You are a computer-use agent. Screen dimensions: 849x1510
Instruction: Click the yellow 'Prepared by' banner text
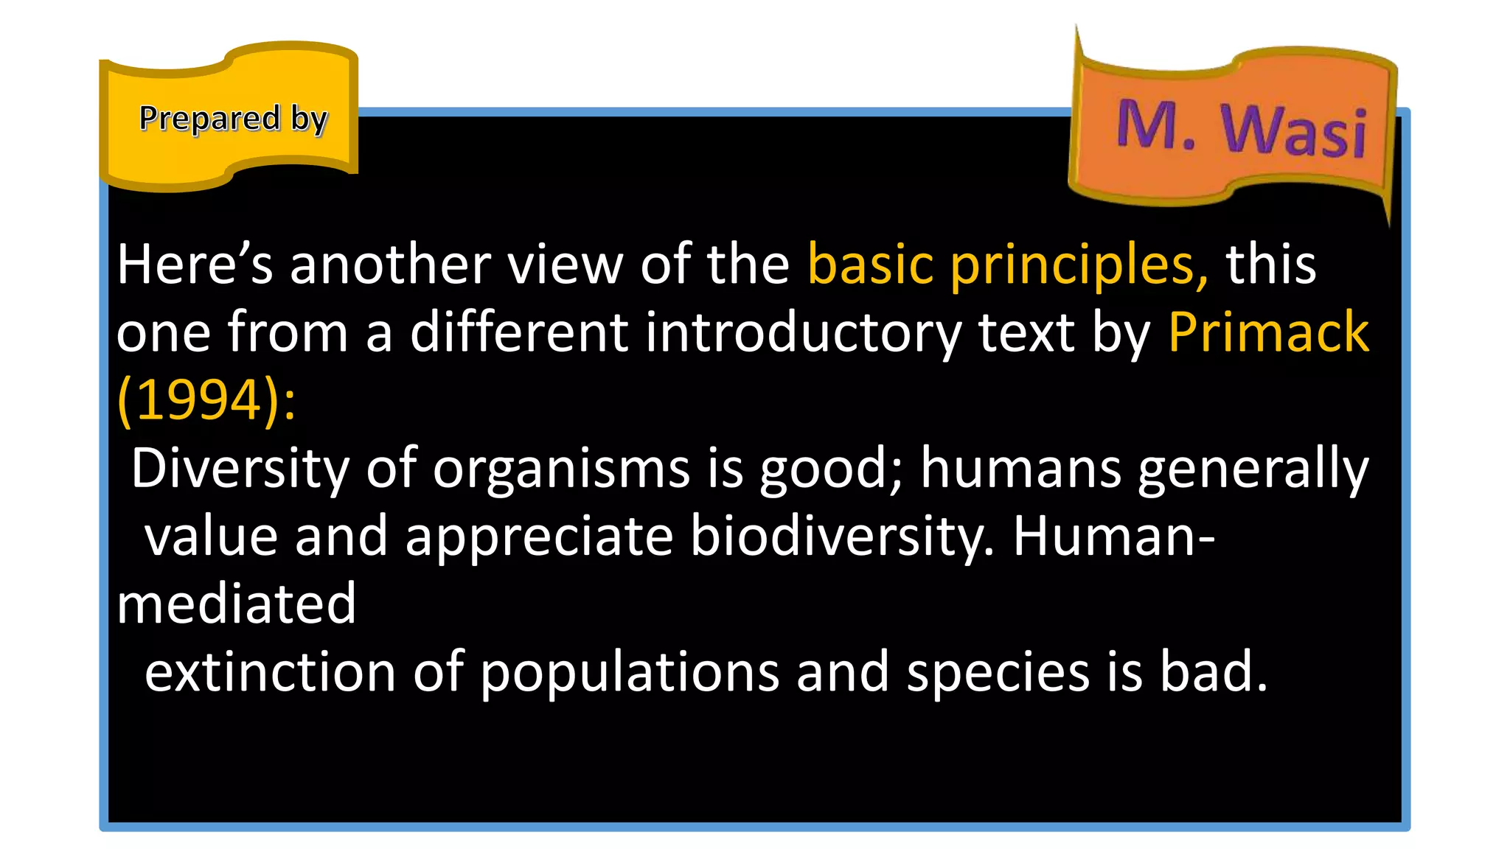click(232, 119)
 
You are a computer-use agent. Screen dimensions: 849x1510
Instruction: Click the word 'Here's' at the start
click(194, 265)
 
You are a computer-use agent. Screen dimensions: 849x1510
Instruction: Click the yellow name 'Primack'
click(1268, 332)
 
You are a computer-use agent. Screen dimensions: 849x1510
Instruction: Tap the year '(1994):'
click(206, 400)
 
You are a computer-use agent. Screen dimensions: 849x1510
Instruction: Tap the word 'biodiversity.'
click(842, 537)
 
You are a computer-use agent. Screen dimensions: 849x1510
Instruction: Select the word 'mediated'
click(237, 604)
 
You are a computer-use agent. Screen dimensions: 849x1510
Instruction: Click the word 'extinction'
click(270, 672)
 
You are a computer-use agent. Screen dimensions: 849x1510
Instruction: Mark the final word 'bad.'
click(1214, 672)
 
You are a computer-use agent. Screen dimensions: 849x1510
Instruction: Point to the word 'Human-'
click(1113, 537)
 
